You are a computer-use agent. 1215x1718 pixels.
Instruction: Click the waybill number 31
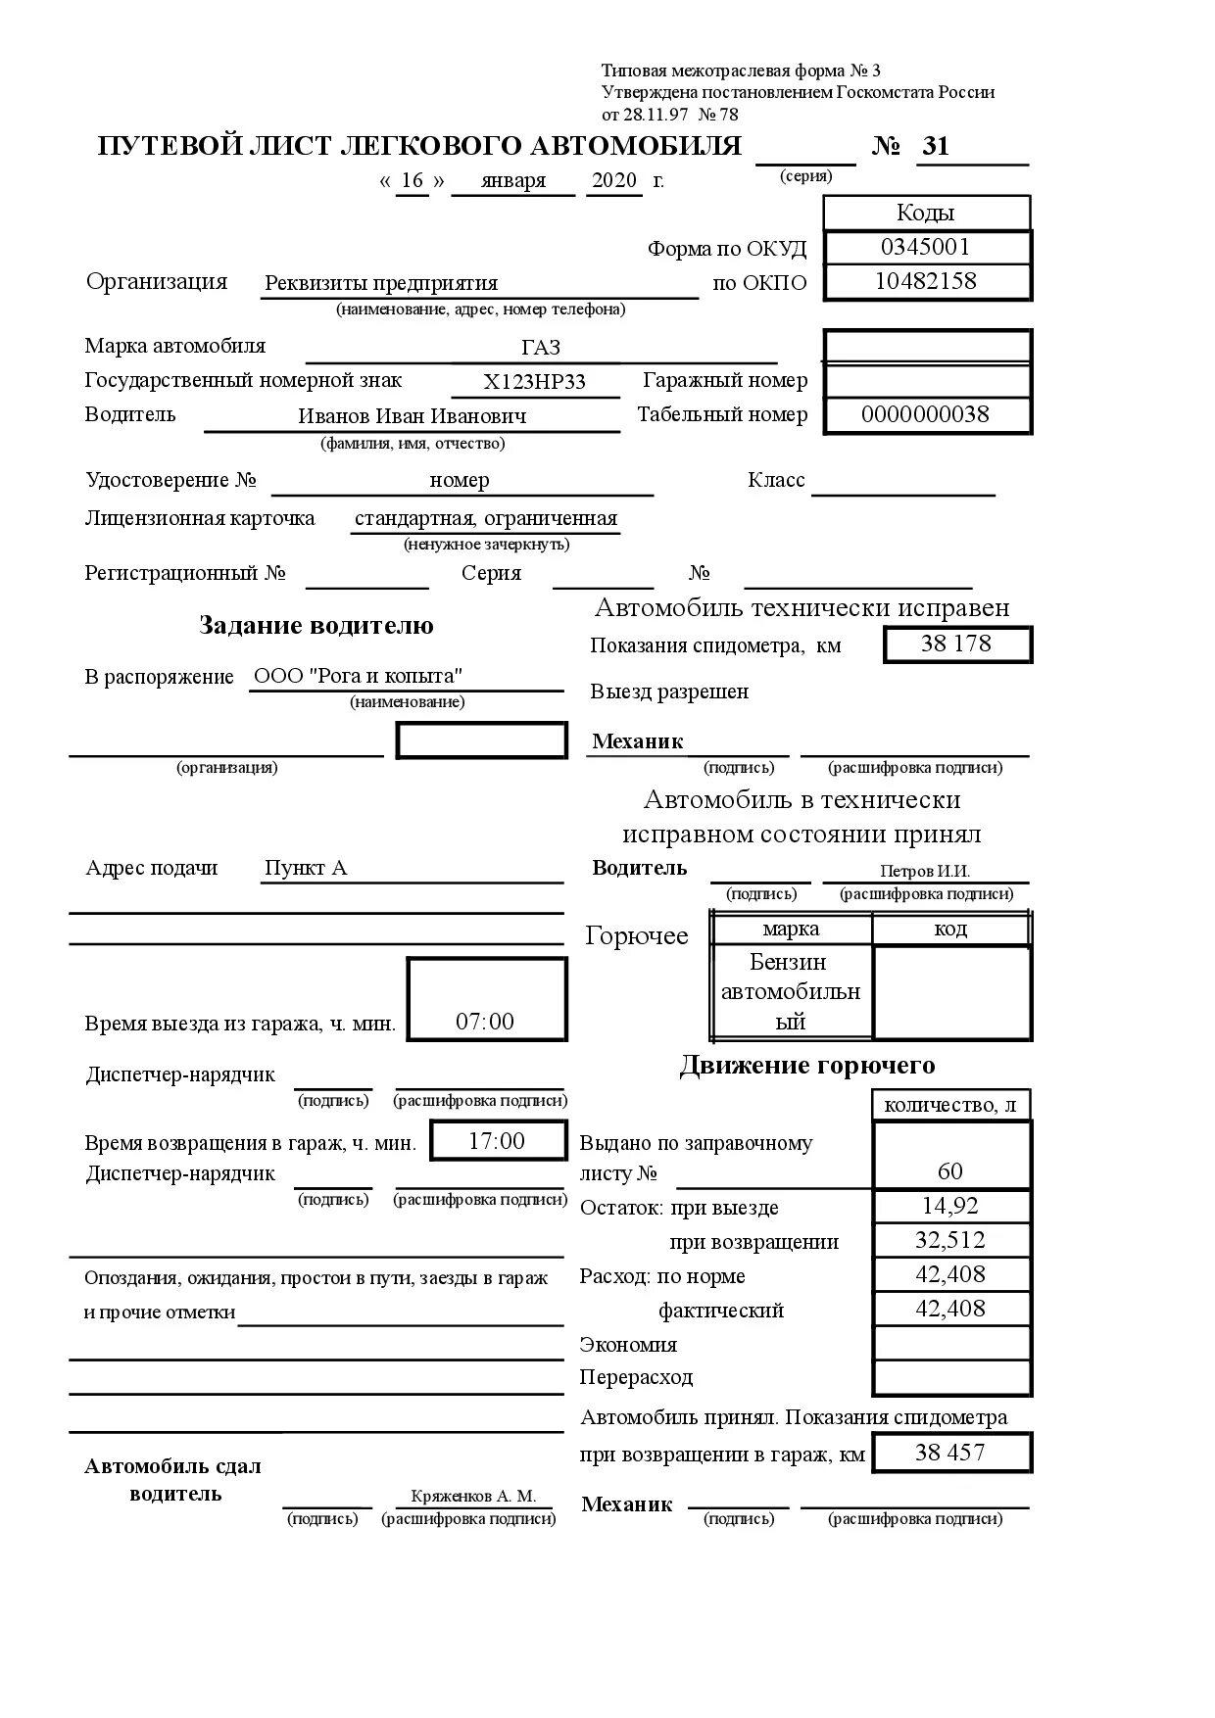[x=936, y=146]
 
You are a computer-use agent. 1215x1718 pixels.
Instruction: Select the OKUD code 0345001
[x=925, y=247]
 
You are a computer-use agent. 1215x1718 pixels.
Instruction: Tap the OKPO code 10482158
[x=925, y=281]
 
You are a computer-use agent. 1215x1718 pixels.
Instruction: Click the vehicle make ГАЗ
[x=541, y=349]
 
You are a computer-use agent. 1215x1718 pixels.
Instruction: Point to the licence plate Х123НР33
[x=535, y=382]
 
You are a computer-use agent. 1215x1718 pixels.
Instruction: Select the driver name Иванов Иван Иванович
[x=412, y=416]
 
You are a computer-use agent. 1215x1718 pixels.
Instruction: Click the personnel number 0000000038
[x=925, y=414]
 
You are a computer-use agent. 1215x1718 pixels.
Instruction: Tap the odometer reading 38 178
[x=955, y=644]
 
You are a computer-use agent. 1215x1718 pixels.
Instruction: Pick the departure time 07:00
[x=485, y=1022]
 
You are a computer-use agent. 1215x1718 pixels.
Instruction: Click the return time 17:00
[x=497, y=1141]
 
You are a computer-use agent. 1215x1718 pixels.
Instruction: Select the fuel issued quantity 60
[x=949, y=1171]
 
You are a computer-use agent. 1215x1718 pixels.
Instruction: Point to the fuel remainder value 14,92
[x=949, y=1206]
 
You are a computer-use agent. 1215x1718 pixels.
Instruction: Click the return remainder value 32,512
[x=949, y=1240]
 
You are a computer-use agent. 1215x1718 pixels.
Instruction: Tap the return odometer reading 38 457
[x=949, y=1453]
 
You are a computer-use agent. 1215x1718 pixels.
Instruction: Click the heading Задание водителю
[x=316, y=626]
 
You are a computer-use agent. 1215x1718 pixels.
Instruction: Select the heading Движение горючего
[x=806, y=1066]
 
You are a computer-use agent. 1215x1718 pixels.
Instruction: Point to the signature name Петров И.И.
[x=924, y=871]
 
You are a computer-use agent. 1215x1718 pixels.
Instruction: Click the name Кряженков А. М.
[x=473, y=1496]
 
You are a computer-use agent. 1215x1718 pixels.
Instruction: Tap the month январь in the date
[x=513, y=181]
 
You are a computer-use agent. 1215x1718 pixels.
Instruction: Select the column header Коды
[x=925, y=213]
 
